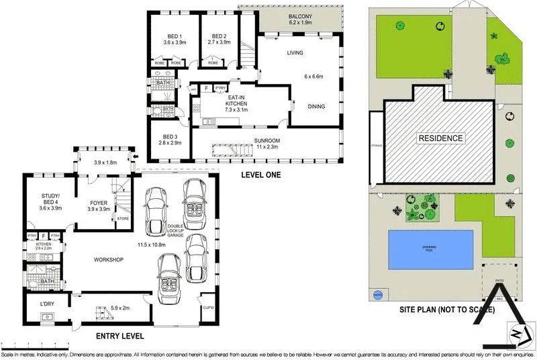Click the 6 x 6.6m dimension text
click(313, 77)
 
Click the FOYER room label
click(99, 201)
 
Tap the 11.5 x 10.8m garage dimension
click(151, 244)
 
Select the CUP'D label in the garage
click(207, 308)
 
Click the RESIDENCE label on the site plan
click(441, 138)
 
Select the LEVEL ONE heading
click(260, 175)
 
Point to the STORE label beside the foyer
click(123, 218)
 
